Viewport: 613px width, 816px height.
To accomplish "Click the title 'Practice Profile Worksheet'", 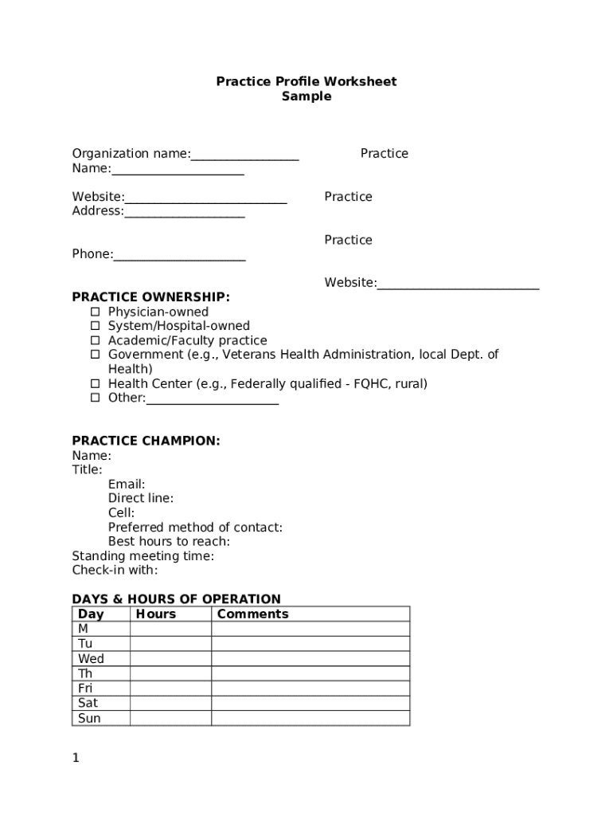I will point(306,81).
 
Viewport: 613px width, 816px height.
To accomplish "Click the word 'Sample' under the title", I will point(306,96).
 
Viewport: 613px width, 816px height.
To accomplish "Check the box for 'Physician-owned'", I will point(95,312).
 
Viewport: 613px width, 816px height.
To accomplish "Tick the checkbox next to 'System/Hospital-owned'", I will point(95,326).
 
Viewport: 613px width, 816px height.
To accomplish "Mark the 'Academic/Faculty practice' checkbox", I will point(95,340).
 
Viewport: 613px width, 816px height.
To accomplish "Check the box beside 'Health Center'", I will point(95,383).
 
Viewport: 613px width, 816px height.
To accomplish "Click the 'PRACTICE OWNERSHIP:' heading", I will point(150,297).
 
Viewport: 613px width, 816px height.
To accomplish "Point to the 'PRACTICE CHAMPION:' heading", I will point(146,441).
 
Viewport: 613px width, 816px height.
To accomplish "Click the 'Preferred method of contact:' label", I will point(195,528).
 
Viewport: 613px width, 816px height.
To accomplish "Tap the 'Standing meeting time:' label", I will point(143,556).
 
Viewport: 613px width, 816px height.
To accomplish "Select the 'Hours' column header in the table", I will point(156,614).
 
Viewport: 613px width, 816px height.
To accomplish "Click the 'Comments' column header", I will point(252,614).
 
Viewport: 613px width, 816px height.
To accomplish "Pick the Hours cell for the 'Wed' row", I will point(170,659).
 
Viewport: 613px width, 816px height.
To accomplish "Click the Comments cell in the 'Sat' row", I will point(310,703).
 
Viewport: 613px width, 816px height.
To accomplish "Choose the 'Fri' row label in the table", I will point(85,688).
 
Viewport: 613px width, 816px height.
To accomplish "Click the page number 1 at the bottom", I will point(76,758).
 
